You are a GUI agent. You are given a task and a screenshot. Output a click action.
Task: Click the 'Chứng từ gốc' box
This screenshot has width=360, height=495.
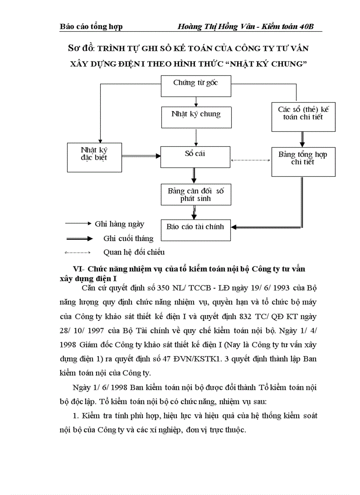pyautogui.click(x=195, y=86)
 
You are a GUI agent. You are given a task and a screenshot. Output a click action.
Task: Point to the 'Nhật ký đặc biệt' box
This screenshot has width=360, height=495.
pyautogui.click(x=94, y=157)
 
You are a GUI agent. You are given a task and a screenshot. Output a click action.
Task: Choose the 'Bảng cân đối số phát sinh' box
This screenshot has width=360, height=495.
pyautogui.click(x=195, y=195)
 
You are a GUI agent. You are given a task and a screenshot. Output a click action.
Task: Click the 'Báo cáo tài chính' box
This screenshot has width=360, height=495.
pyautogui.click(x=195, y=229)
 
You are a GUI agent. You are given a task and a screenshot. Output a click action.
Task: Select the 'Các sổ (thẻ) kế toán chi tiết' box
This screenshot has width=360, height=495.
pyautogui.click(x=303, y=116)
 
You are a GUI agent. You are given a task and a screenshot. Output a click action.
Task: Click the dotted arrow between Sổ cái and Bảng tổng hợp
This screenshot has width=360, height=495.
pyautogui.click(x=251, y=160)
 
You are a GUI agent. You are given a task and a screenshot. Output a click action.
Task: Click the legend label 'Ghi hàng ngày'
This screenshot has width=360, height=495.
pyautogui.click(x=120, y=224)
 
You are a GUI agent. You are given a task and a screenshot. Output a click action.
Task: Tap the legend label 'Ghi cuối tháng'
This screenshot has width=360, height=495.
pyautogui.click(x=128, y=238)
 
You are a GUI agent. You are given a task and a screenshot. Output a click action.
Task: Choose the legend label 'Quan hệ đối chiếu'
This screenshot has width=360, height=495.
pyautogui.click(x=134, y=252)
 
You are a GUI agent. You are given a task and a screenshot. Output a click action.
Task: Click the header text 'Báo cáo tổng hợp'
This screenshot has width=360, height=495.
pyautogui.click(x=91, y=26)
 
